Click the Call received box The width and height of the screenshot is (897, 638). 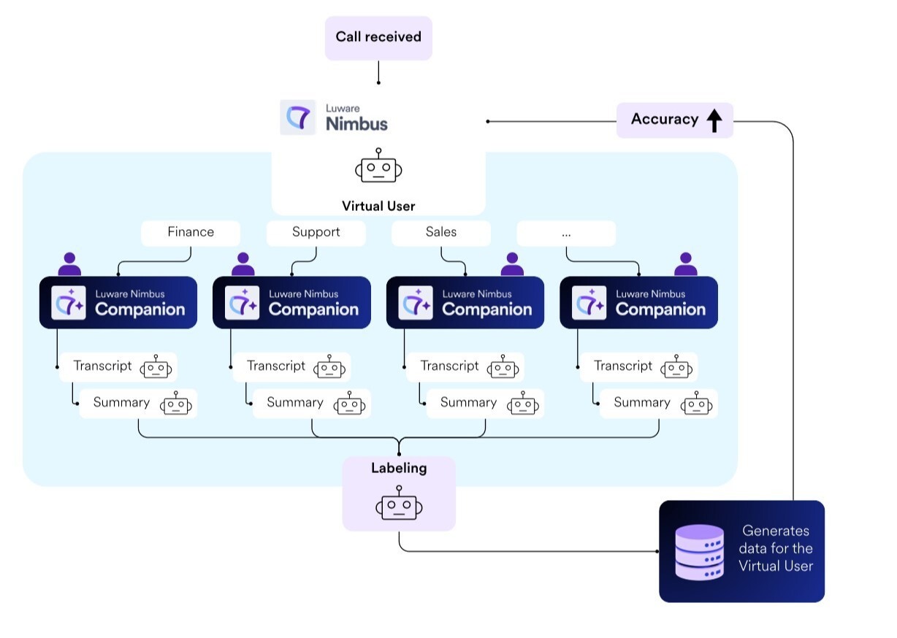point(378,37)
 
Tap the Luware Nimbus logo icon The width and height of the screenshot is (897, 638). point(298,118)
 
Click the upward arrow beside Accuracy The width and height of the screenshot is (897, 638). point(714,120)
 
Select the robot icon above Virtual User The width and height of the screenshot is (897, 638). point(378,167)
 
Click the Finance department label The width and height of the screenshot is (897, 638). point(191,232)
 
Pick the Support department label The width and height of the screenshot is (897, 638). point(316,232)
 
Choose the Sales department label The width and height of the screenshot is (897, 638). point(440,232)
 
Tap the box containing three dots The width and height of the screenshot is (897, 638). point(566,233)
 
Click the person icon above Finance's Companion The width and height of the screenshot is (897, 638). point(69,264)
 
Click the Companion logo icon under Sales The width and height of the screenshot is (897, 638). point(416,303)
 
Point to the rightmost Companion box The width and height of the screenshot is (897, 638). point(638,302)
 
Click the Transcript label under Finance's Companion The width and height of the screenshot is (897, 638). point(102,366)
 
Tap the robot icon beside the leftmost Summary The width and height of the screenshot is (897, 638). point(177,404)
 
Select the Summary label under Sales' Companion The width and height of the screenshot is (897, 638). point(468,402)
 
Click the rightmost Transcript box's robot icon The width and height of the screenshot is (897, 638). point(676,367)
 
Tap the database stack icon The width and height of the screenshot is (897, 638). point(699,552)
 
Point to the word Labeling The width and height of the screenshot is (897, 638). point(399,468)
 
